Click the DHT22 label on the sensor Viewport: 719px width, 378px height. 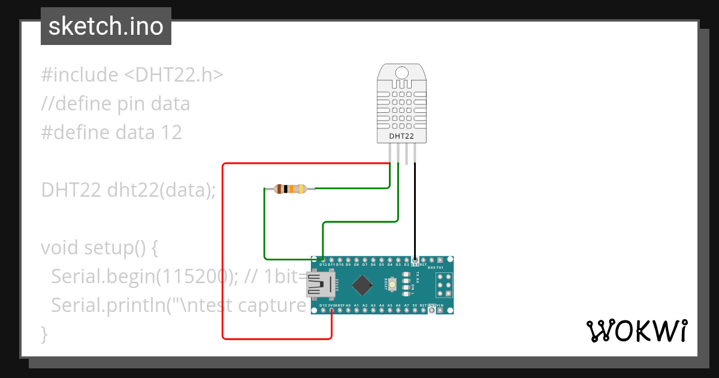402,136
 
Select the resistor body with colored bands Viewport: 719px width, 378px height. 291,189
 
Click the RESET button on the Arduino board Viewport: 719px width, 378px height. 393,284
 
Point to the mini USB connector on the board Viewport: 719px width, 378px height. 320,284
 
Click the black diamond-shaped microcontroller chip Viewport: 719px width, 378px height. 362,284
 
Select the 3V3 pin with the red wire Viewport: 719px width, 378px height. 331,310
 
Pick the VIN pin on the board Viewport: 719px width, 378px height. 440,310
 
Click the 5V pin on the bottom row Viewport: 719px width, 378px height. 415,310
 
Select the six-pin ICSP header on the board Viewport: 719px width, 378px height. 444,284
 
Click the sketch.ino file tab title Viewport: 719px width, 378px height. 106,26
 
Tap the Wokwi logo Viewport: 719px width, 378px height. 636,331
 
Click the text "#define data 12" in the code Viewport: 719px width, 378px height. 111,132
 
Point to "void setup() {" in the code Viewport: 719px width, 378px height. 99,247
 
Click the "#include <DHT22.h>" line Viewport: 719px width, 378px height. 132,75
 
